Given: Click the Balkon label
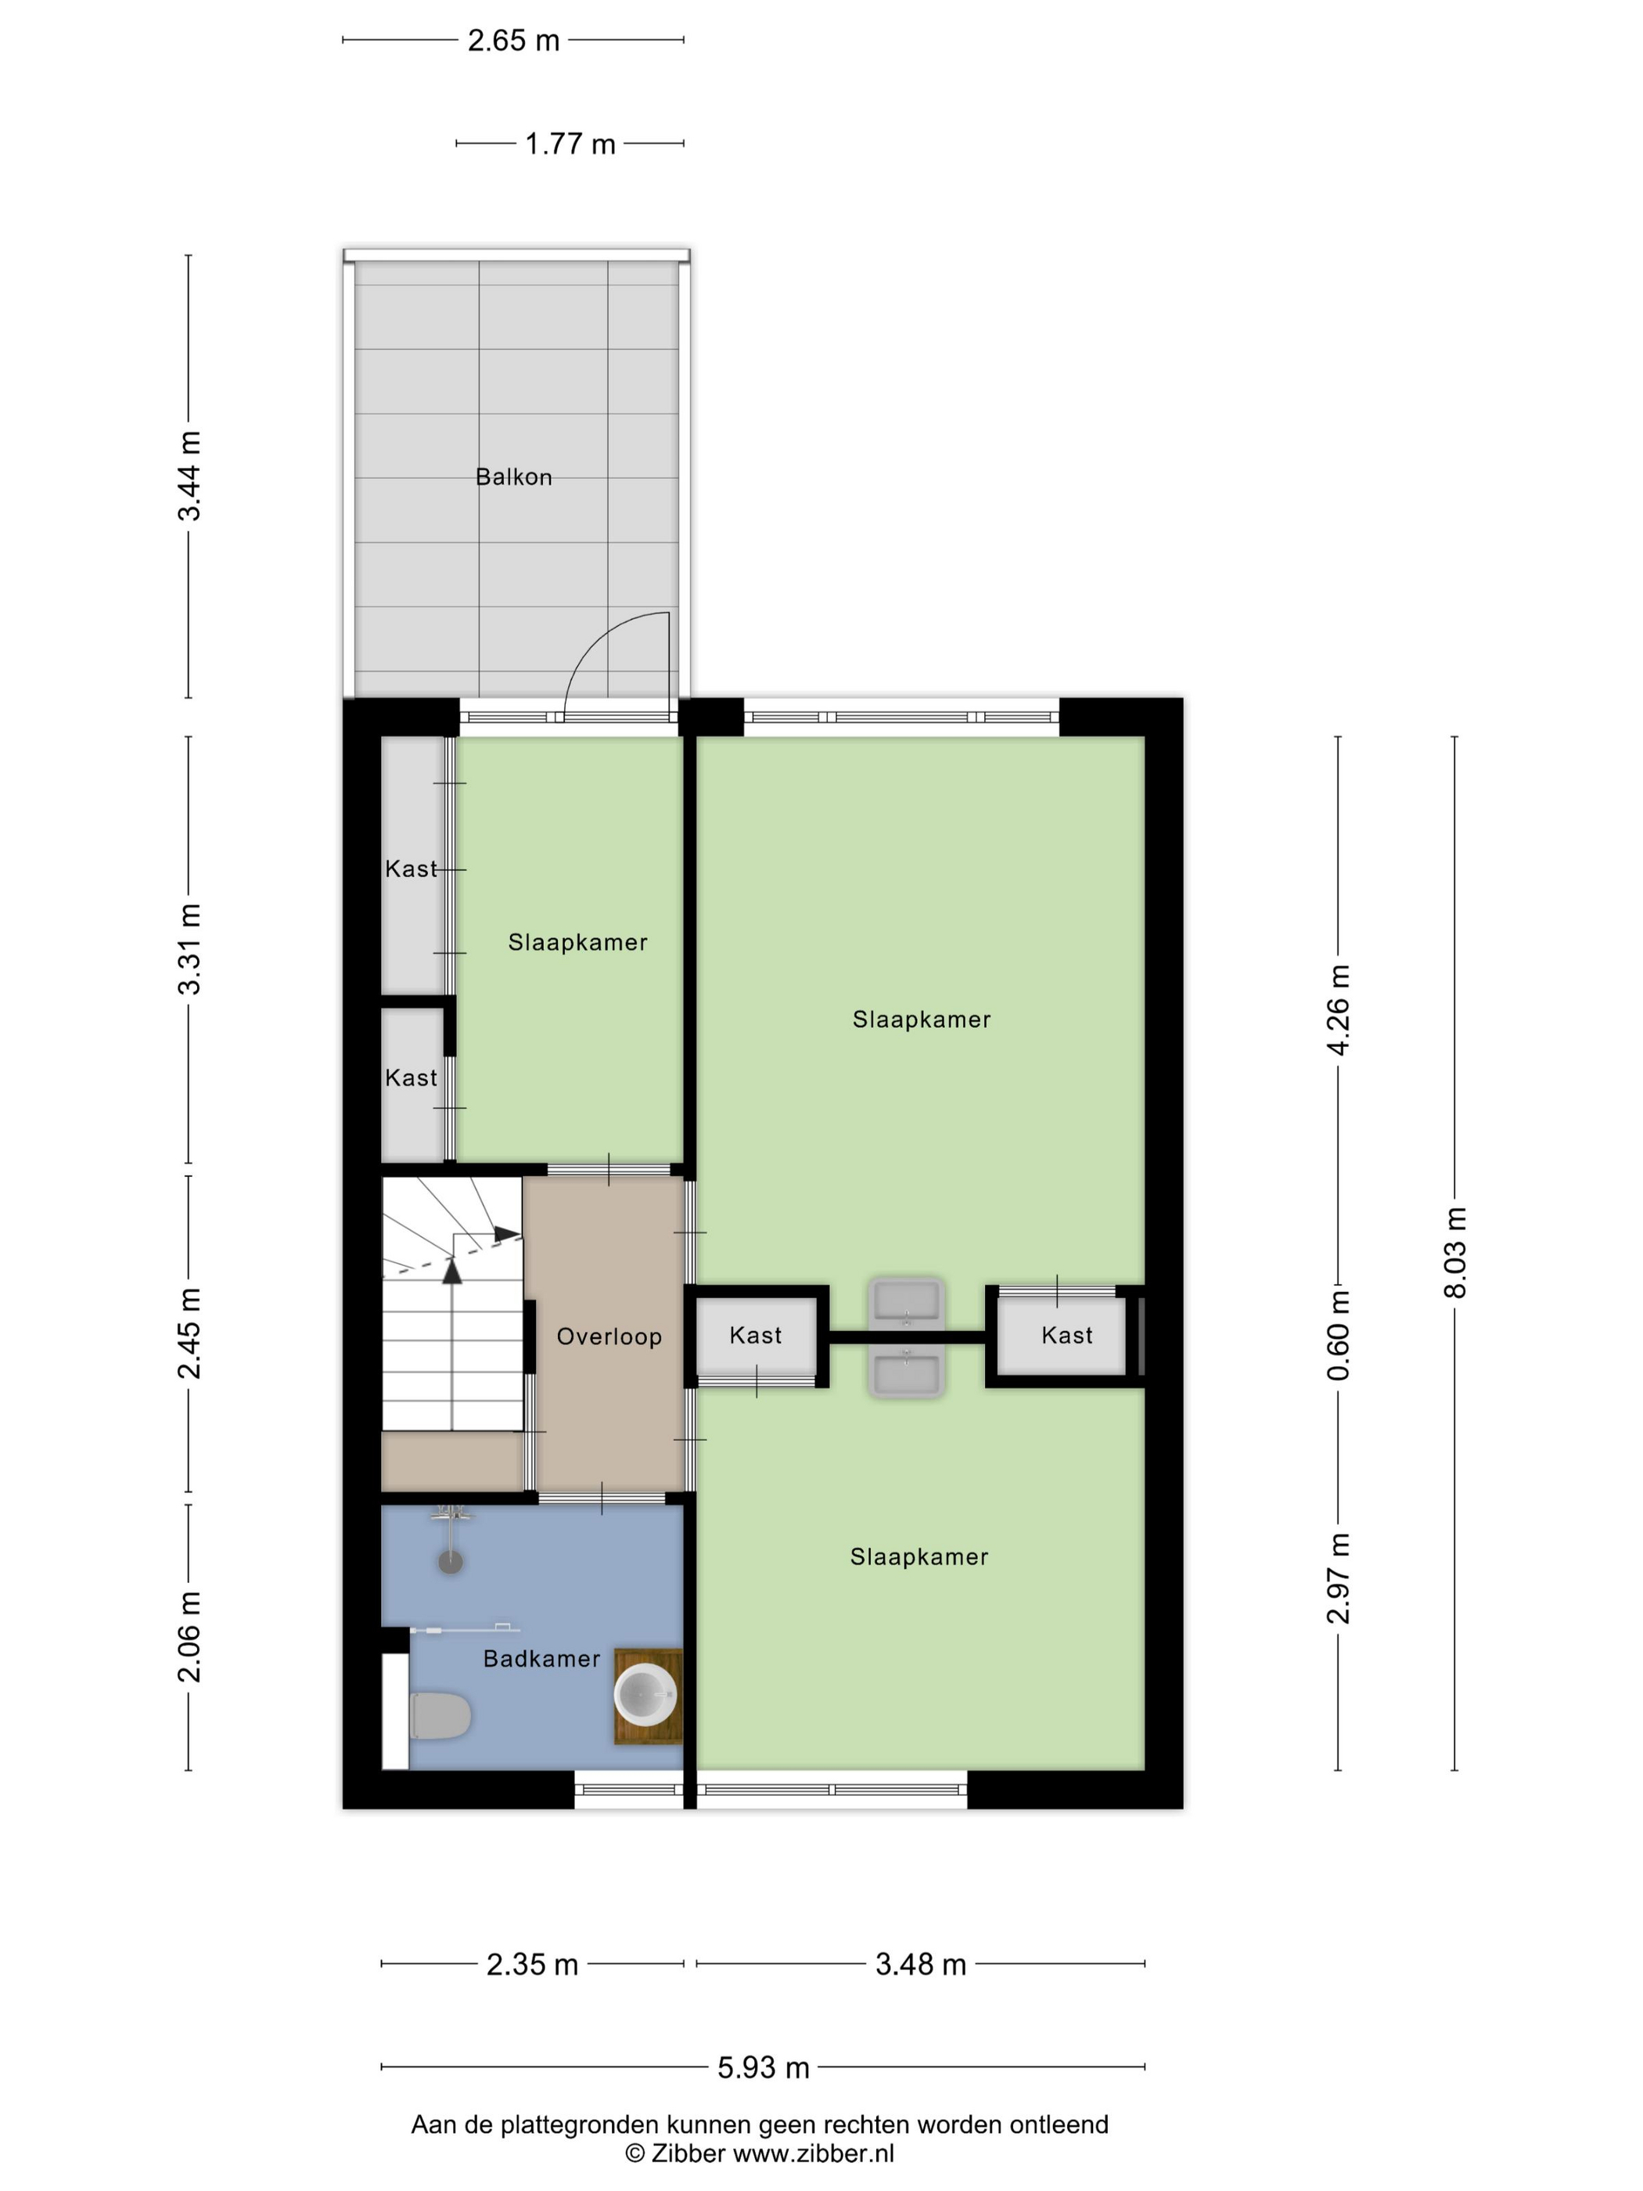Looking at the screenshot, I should (513, 477).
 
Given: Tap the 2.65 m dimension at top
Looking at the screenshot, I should (513, 41).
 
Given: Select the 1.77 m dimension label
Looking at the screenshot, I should (570, 145).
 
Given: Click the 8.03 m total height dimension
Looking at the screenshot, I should (1454, 1252).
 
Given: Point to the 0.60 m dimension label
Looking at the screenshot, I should (1338, 1334).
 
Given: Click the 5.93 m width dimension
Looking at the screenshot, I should (763, 2067).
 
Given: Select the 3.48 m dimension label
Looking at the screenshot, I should (920, 1964).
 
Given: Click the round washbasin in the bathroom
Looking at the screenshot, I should (645, 1695).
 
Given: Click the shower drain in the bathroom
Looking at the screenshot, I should (451, 1562).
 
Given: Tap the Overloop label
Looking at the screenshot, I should (609, 1337).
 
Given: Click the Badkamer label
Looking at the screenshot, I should (541, 1658).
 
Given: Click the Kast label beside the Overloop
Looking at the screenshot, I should (756, 1335).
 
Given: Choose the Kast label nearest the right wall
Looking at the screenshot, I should (1066, 1335).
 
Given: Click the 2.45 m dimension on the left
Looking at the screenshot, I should (189, 1333).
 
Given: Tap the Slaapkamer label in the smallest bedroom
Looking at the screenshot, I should (577, 942).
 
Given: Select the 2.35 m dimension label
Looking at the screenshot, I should (532, 1964).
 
